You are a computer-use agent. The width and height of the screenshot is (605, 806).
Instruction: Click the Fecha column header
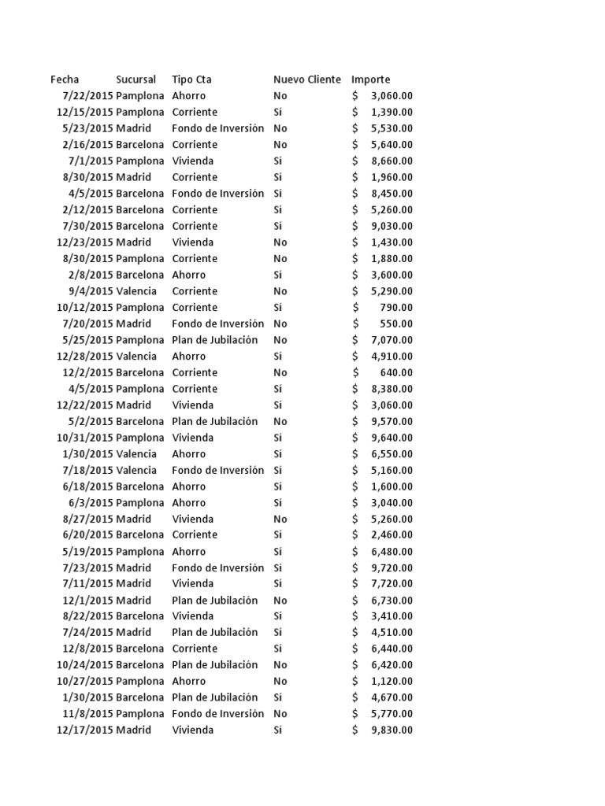coord(65,79)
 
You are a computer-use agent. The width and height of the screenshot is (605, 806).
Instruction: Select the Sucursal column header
coord(135,79)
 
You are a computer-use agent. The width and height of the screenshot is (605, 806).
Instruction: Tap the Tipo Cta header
coord(191,79)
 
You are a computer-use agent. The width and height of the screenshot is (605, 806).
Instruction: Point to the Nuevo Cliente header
coord(307,79)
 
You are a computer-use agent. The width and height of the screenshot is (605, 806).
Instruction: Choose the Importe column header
coord(370,79)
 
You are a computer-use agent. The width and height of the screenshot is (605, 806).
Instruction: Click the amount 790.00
coord(398,307)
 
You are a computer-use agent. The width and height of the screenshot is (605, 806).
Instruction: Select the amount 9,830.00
coord(392,730)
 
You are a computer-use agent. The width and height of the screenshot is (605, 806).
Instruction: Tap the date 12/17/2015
coord(84,730)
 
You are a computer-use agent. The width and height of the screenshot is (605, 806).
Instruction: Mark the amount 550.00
coord(398,324)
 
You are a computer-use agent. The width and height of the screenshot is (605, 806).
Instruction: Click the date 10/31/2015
coord(84,438)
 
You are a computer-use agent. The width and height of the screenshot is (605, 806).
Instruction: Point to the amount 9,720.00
coord(392,568)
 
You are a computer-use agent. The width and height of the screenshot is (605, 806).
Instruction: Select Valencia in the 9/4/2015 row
coord(136,291)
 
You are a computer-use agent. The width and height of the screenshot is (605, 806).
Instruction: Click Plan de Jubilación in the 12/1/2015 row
coord(214,600)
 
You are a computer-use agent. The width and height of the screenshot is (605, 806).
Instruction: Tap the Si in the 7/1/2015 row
coord(278,161)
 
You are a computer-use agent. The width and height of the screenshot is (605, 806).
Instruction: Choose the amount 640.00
coord(398,372)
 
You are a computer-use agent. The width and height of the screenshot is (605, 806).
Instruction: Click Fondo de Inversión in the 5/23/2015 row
coord(217,128)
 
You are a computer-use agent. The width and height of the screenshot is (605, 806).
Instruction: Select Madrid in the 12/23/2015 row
coord(133,242)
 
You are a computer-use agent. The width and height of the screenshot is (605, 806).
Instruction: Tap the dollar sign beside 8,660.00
coord(355,161)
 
